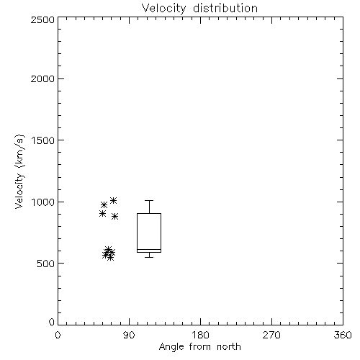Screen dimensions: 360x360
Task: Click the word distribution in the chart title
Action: tap(225, 8)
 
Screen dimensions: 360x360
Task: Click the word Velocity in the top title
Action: tap(163, 9)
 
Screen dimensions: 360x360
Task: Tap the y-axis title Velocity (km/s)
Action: tap(19, 172)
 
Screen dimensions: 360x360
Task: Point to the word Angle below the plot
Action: tap(171, 347)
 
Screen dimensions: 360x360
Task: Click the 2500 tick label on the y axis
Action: tap(43, 19)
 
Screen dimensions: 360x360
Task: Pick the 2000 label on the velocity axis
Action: tap(43, 78)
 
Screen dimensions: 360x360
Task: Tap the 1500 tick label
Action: tap(43, 140)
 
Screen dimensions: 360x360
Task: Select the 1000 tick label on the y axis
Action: tap(43, 202)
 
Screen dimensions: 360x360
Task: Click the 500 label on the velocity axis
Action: tap(46, 264)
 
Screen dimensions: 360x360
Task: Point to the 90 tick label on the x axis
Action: tap(129, 335)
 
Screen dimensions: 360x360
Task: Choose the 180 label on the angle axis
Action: tap(200, 335)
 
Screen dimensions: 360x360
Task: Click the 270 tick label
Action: tap(271, 335)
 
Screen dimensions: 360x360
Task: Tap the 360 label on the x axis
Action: tap(343, 335)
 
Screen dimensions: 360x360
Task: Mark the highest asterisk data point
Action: tap(113, 200)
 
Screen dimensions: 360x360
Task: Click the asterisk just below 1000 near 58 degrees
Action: tap(104, 205)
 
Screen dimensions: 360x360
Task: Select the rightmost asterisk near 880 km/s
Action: tap(115, 217)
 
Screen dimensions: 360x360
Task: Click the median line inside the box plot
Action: tap(149, 250)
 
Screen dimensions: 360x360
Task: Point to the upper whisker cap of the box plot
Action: tap(149, 200)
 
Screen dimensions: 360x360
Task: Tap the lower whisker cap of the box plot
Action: tap(149, 257)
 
